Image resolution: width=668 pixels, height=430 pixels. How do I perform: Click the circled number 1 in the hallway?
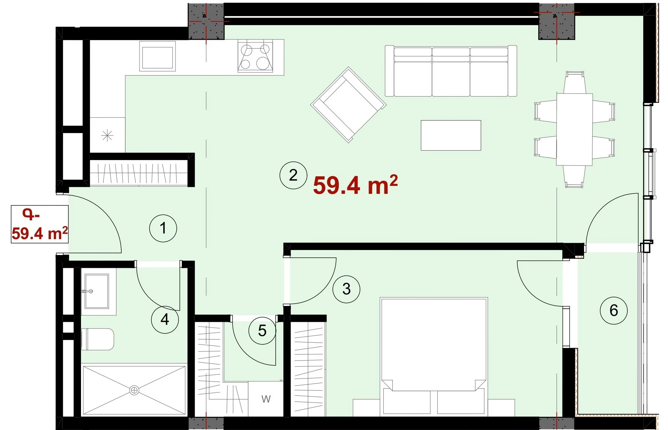tap(163, 228)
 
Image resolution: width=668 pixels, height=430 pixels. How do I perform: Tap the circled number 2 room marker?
tap(293, 175)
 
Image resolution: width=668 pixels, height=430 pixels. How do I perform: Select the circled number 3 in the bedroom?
tap(346, 289)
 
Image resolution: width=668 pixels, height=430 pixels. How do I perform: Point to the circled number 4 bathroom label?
tap(165, 320)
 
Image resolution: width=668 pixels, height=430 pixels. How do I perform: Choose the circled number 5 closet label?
tap(262, 330)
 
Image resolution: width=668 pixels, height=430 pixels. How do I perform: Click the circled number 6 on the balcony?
tap(613, 310)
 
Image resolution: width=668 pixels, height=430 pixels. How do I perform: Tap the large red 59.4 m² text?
tap(355, 185)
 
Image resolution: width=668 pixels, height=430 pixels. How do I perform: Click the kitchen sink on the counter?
tap(157, 56)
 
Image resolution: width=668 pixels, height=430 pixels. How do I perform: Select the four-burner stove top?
tap(255, 57)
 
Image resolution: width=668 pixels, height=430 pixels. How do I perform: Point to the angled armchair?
tap(348, 105)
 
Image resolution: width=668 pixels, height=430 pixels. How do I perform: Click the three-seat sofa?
tap(451, 71)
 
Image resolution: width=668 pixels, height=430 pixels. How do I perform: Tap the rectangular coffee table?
tap(451, 135)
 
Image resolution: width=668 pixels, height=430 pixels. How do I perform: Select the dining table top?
tap(574, 129)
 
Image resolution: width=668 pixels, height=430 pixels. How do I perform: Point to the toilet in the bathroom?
tap(98, 339)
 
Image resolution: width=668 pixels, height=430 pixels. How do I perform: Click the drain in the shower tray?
tap(134, 390)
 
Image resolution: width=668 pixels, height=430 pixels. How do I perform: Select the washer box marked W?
tap(266, 399)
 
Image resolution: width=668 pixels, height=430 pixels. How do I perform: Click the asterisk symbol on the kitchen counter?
tap(107, 136)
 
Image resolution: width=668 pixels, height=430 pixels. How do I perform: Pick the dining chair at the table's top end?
tap(574, 83)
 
